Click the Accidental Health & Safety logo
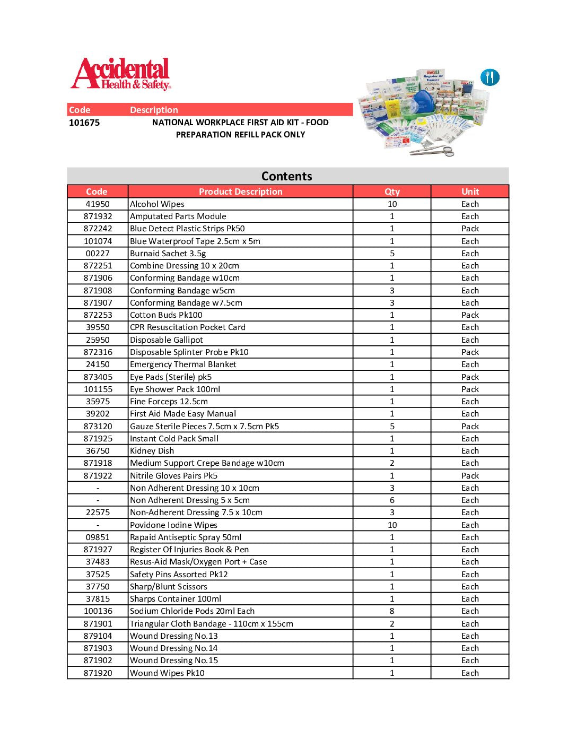(121, 74)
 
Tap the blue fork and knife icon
(489, 77)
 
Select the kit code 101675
(84, 123)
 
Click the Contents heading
(287, 176)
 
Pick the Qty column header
(392, 192)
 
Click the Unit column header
(470, 192)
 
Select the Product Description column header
(240, 192)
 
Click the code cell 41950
(98, 204)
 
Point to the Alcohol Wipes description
(158, 204)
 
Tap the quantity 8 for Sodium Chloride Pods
(392, 611)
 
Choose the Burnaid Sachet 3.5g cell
(168, 254)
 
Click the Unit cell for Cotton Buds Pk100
(470, 315)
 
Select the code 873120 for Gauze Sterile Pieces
(98, 427)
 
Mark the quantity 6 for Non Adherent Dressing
(392, 500)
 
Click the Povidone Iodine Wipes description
(174, 525)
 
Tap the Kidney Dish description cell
(152, 451)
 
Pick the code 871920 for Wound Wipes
(98, 673)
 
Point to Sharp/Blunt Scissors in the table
(169, 587)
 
